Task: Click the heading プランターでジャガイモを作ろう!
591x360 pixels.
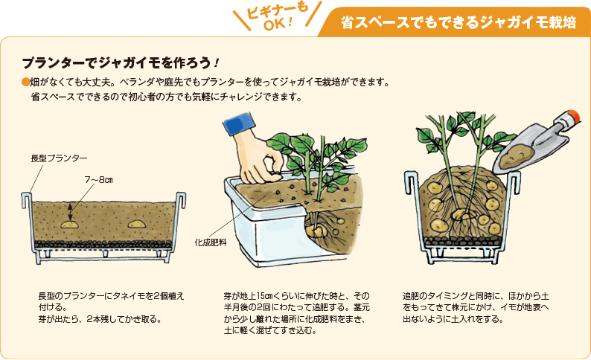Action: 120,62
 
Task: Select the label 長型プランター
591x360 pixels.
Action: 59,158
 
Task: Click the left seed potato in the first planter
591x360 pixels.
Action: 68,223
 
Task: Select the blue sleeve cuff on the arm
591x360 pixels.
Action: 236,125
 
